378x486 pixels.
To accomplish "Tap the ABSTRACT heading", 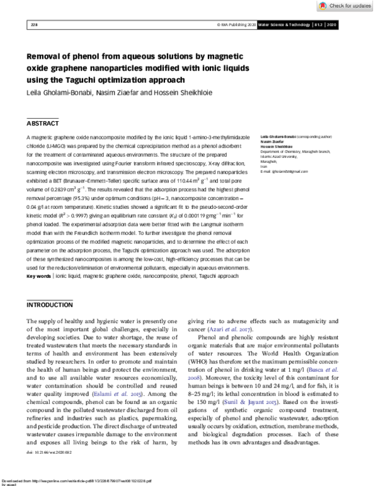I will [x=43, y=124].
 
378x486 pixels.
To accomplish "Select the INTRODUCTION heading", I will [x=50, y=305].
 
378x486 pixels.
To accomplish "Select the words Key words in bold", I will [x=38, y=276].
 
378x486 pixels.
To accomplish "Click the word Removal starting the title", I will [x=47, y=55].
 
